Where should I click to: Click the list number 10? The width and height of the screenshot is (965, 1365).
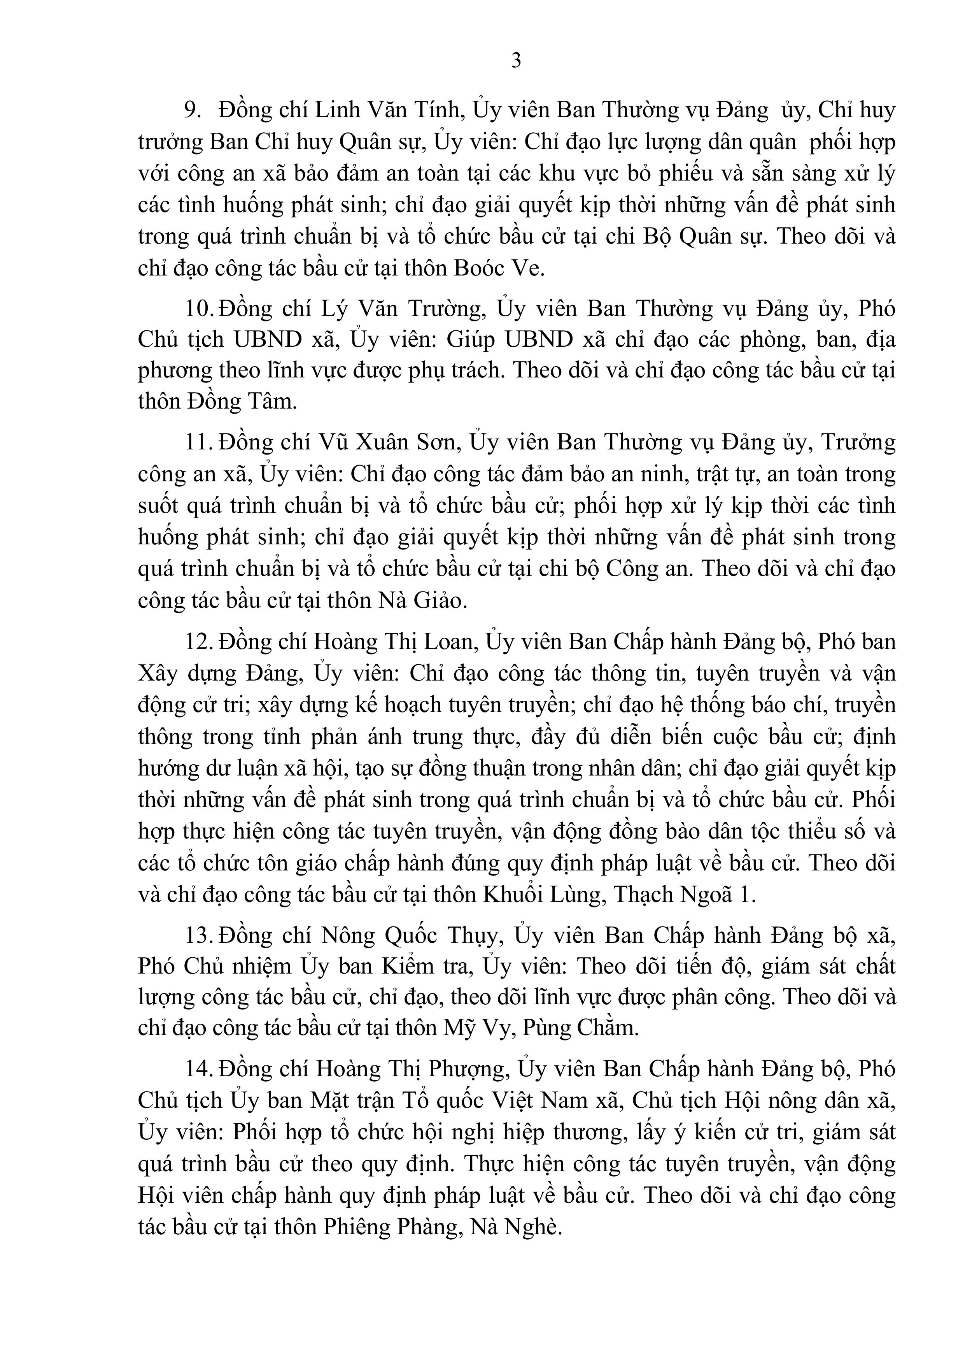coord(198,309)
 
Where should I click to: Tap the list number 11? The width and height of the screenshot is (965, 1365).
coord(198,443)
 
